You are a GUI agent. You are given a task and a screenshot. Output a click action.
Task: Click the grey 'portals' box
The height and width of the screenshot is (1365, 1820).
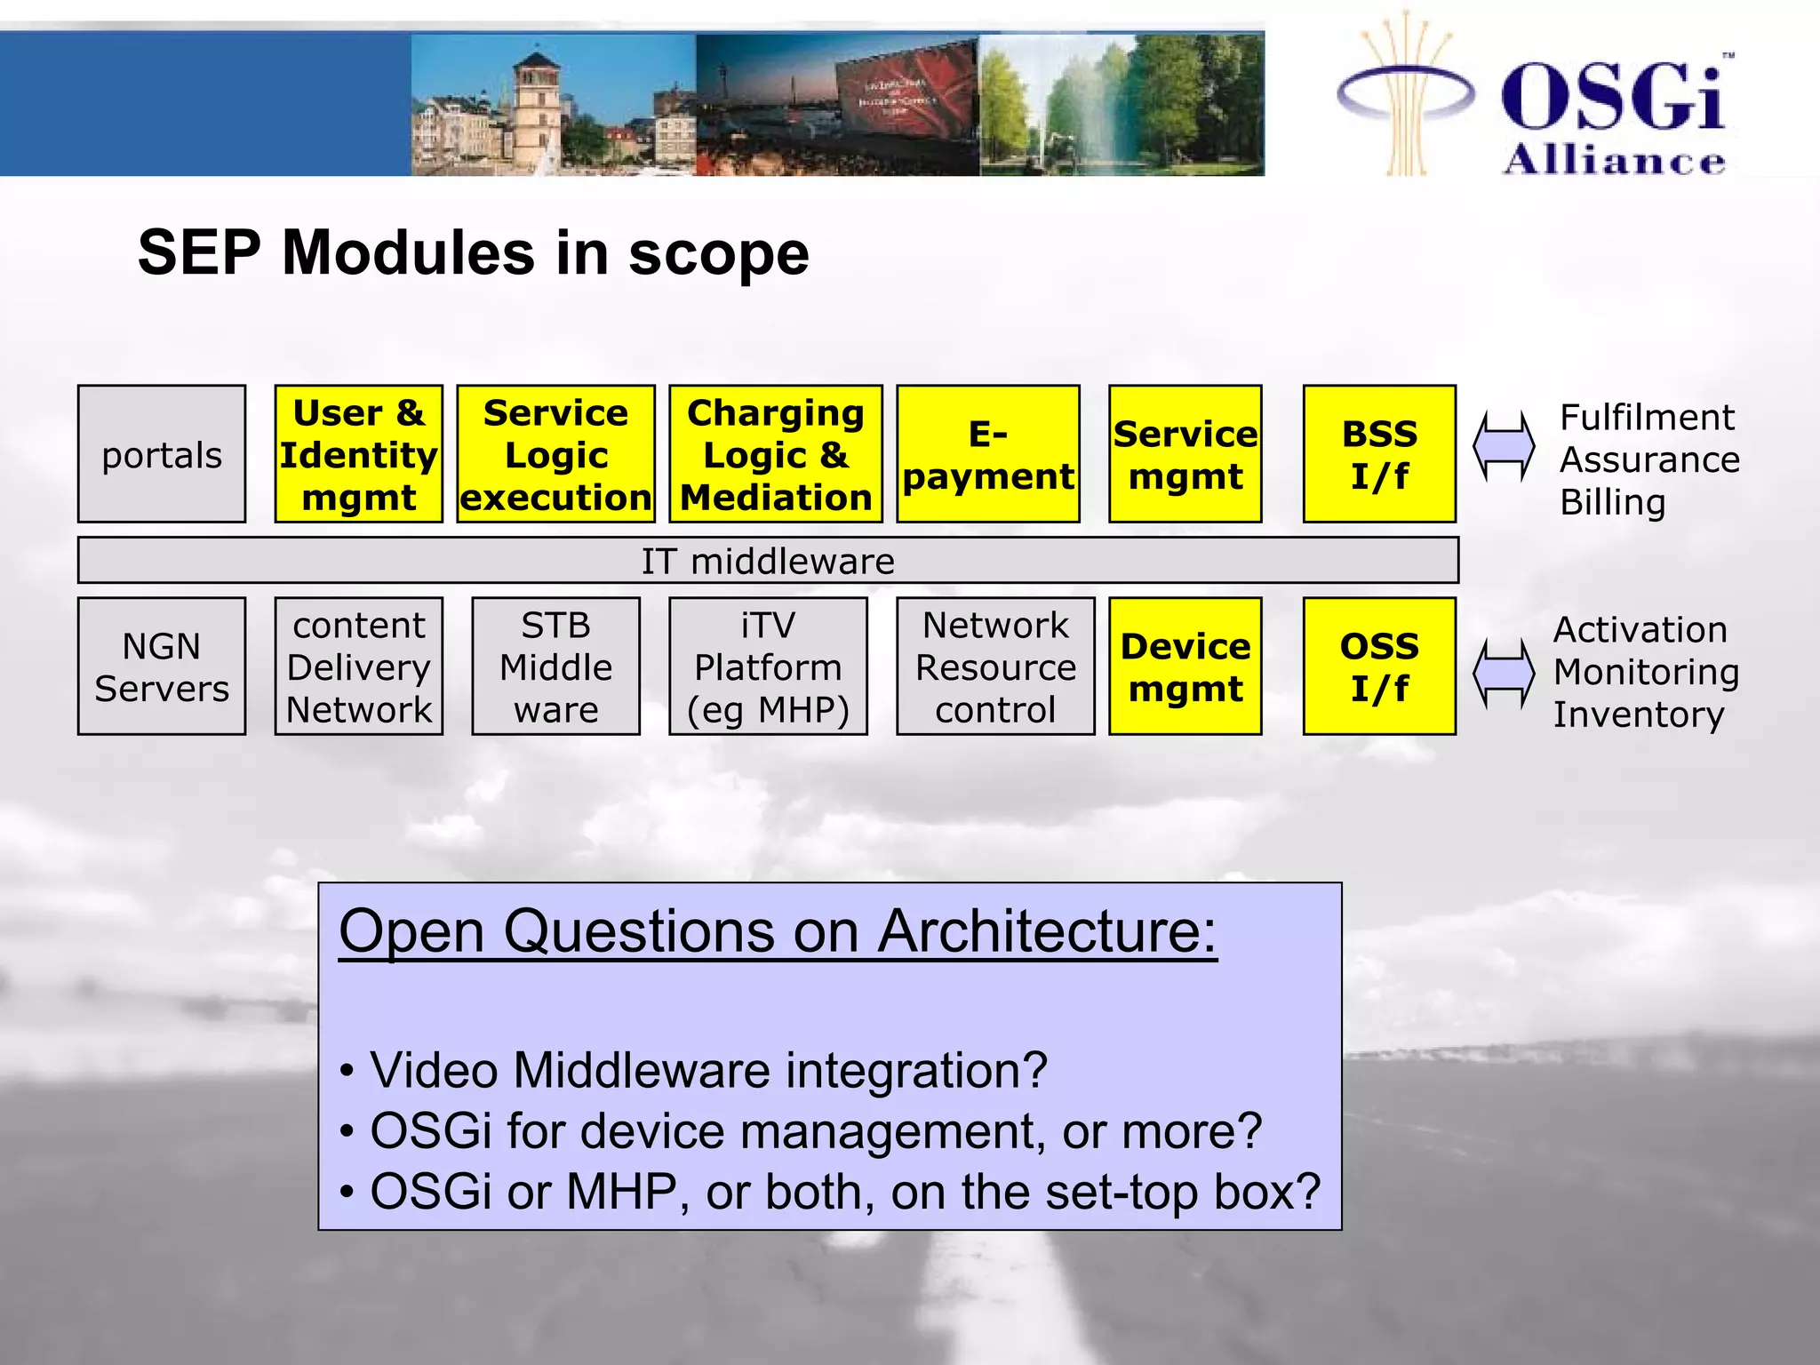(x=162, y=454)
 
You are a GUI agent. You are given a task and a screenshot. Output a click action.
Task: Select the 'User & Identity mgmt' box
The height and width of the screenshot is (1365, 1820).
(x=358, y=454)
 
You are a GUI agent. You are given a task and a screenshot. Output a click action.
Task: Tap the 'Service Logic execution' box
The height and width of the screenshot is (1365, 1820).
(x=555, y=454)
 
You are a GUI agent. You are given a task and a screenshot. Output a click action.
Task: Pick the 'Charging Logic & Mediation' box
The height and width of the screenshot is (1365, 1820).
(x=775, y=454)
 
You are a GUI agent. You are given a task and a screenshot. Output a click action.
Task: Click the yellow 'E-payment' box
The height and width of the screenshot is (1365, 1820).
(x=987, y=454)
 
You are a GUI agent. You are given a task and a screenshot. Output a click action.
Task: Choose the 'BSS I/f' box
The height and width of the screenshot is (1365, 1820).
(x=1378, y=454)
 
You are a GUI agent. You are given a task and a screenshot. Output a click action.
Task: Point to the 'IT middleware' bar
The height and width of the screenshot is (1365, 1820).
(x=768, y=561)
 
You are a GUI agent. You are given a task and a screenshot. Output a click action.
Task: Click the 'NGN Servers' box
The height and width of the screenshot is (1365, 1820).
(x=162, y=667)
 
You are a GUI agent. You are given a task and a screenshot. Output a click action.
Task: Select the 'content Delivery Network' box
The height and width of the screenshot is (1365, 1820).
(x=358, y=667)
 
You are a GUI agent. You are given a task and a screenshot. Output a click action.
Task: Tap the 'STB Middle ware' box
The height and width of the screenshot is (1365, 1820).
(x=555, y=667)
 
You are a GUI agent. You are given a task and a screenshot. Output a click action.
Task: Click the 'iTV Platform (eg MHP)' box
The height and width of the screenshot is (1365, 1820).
(x=768, y=667)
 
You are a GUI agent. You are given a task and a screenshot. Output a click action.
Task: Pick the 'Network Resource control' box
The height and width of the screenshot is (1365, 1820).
(x=995, y=667)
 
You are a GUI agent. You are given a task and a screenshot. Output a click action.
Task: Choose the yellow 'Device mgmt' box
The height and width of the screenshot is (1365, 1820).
(x=1185, y=667)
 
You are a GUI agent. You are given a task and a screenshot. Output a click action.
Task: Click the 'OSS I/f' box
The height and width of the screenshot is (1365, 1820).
(x=1378, y=667)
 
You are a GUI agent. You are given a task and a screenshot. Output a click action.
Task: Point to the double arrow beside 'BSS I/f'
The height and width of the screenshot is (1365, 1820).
(x=1504, y=446)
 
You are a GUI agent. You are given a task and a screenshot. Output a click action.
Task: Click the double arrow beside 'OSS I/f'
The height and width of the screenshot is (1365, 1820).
(x=1504, y=674)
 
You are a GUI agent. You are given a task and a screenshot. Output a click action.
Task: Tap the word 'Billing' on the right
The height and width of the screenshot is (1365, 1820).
(x=1612, y=503)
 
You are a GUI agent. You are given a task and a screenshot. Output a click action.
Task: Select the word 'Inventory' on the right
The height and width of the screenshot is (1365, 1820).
(x=1638, y=715)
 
